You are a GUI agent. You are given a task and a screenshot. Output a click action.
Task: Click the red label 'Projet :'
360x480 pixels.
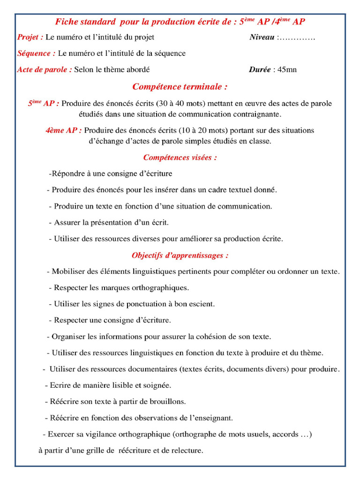(30, 37)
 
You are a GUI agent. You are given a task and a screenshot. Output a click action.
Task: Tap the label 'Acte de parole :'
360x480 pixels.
(45, 70)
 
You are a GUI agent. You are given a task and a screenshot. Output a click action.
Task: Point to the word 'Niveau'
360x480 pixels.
(262, 37)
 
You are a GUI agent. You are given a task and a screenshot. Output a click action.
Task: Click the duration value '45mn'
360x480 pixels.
(287, 70)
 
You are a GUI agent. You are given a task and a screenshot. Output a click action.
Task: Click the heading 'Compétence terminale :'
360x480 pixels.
(180, 87)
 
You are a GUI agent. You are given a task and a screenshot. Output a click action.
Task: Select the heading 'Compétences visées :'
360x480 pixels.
(180, 157)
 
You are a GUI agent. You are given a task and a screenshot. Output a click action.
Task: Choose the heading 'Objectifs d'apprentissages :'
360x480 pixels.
(180, 255)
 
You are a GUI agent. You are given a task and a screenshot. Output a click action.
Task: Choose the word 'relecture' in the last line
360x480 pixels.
(186, 451)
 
